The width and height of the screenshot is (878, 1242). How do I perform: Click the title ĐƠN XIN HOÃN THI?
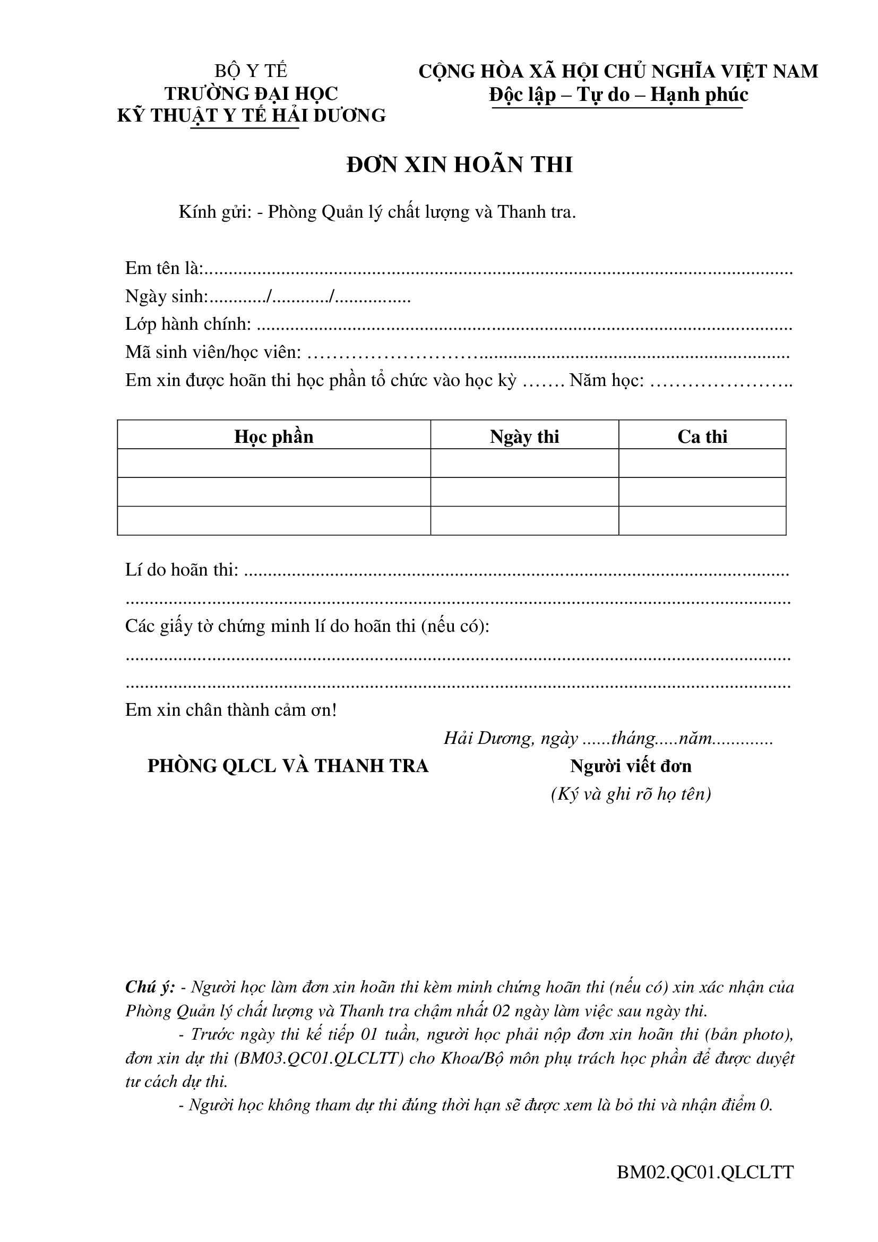point(459,165)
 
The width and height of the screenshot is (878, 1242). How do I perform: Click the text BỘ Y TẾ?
point(251,71)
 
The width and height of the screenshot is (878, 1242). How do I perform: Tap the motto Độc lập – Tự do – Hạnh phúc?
point(618,95)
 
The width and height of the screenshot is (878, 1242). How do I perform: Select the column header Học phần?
point(273,436)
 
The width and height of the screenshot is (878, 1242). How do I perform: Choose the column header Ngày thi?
point(524,436)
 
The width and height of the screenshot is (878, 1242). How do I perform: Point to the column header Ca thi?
point(702,436)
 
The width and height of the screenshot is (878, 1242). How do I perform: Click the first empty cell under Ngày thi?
point(524,463)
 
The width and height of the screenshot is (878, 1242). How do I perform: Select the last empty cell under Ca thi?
point(702,520)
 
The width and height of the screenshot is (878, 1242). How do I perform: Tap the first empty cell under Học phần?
point(273,463)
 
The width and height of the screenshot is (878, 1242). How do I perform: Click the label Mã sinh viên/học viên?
point(213,353)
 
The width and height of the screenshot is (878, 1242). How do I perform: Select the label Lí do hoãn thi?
point(181,570)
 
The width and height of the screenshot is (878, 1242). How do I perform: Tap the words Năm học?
point(606,381)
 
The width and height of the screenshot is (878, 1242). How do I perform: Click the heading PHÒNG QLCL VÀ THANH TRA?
point(288,767)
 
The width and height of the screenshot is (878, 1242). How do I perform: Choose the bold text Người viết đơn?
point(631,767)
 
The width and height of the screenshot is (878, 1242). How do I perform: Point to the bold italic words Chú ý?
point(150,987)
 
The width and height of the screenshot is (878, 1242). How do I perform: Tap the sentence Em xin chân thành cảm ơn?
point(231,710)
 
